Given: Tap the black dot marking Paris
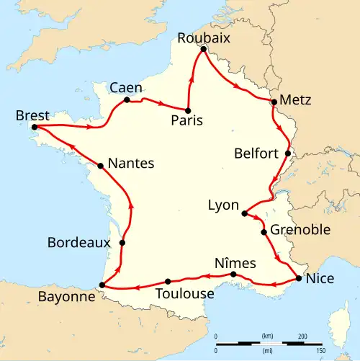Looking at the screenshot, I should pyautogui.click(x=188, y=110).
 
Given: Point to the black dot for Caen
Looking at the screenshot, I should pyautogui.click(x=127, y=99).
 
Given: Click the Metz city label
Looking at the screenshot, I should pyautogui.click(x=295, y=100).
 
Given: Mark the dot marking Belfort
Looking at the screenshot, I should pyautogui.click(x=287, y=153).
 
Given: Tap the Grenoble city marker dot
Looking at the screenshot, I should pyautogui.click(x=264, y=232).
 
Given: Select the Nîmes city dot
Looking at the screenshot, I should pyautogui.click(x=233, y=275).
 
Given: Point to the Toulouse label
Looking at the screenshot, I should pyautogui.click(x=184, y=293).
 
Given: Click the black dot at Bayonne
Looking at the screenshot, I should pyautogui.click(x=102, y=285).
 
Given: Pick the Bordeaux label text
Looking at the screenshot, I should pyautogui.click(x=79, y=243).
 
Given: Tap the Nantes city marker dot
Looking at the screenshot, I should pyautogui.click(x=100, y=166).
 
